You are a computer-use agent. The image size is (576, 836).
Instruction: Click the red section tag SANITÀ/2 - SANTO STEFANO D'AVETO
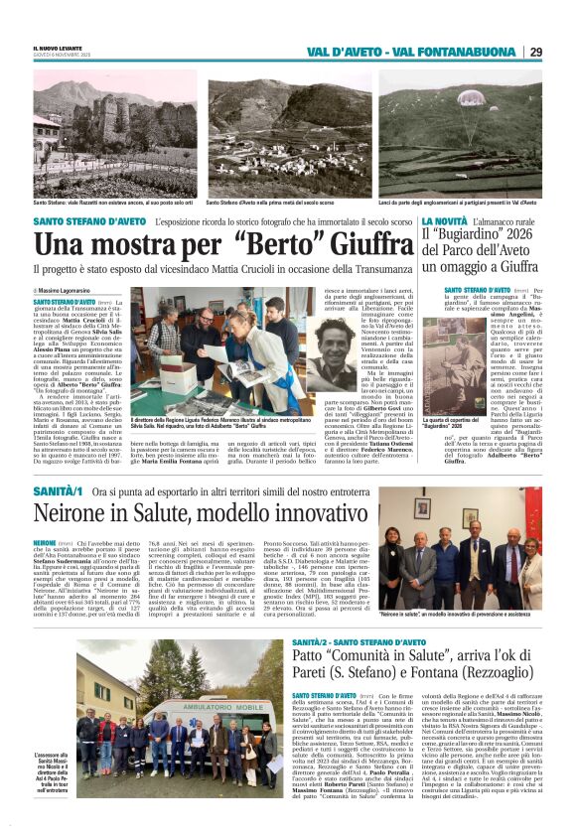click(x=354, y=644)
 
